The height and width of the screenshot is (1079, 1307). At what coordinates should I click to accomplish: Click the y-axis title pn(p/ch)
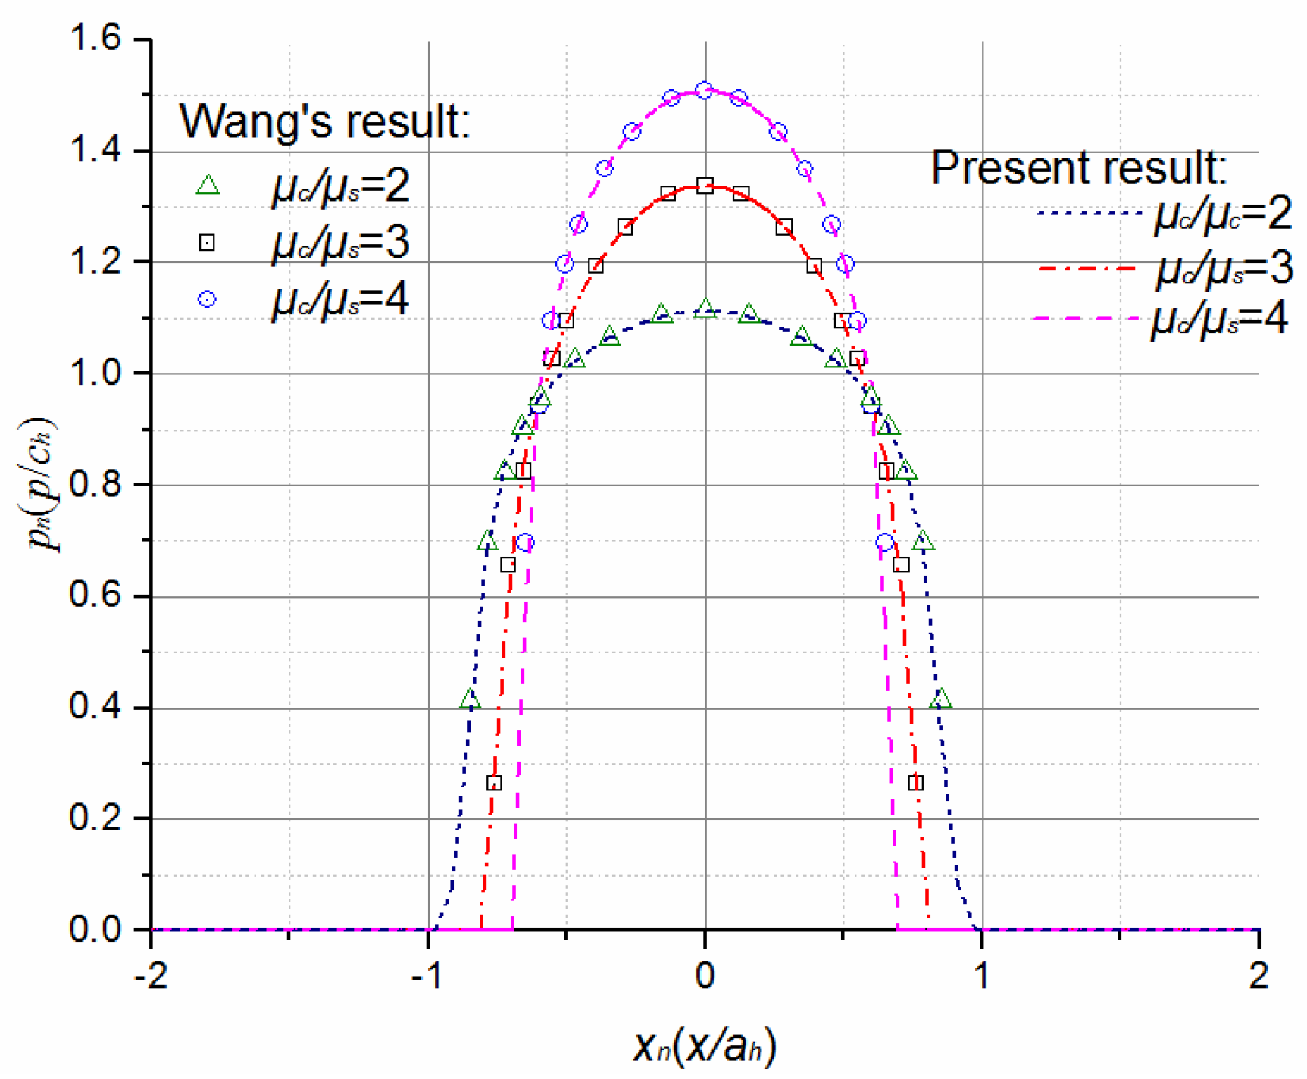click(42, 485)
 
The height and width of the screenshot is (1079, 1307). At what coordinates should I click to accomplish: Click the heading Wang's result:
click(324, 121)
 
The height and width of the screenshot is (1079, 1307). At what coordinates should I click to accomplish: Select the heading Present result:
click(1079, 168)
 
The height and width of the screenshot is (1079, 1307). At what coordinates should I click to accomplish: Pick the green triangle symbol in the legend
click(208, 186)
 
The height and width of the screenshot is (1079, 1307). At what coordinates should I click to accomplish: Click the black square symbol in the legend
click(207, 242)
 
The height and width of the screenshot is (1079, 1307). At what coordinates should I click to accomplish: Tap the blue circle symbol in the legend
click(207, 299)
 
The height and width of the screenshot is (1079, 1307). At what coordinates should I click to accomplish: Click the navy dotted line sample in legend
click(1089, 214)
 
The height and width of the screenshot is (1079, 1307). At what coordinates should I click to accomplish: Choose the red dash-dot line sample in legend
click(1089, 268)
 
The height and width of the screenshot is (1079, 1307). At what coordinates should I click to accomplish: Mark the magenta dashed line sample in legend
click(1089, 318)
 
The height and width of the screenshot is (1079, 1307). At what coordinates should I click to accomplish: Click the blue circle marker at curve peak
click(705, 90)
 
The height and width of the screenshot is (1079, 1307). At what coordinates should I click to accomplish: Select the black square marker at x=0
click(705, 186)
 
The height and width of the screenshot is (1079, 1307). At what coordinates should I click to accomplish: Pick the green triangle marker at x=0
click(705, 308)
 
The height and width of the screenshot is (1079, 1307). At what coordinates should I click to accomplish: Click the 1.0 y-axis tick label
click(95, 373)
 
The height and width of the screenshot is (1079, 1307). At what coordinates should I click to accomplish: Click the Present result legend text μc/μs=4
click(1220, 320)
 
